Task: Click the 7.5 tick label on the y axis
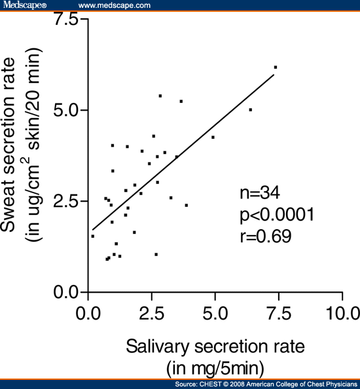(66, 20)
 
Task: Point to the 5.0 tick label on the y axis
(66, 110)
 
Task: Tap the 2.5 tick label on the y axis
(66, 201)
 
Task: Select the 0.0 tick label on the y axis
(66, 292)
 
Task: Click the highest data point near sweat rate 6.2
(276, 67)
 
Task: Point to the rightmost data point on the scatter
(276, 67)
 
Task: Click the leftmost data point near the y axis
(92, 236)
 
